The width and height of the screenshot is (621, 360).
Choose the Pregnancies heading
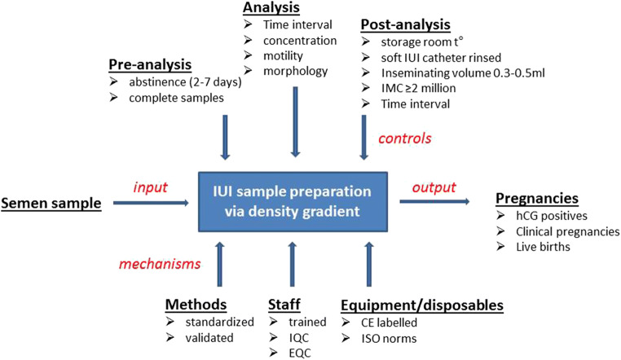click(x=538, y=200)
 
